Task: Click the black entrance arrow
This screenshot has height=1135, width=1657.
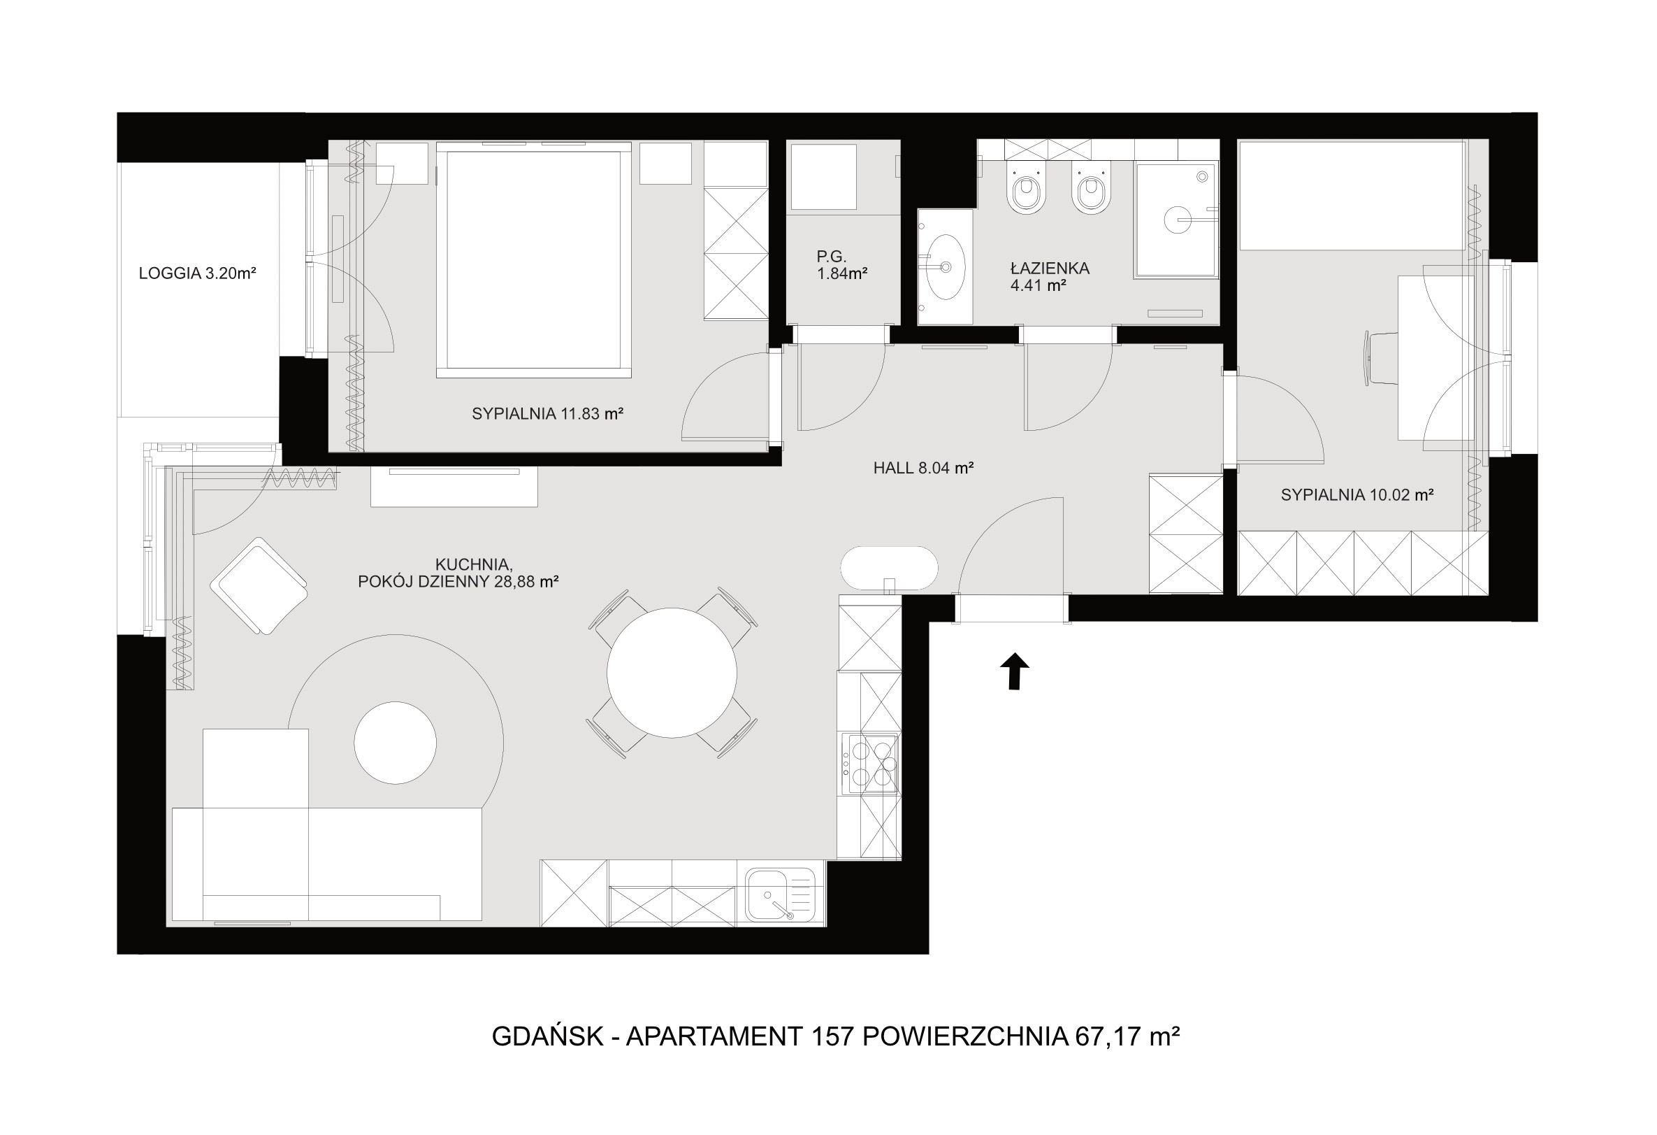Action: point(1014,671)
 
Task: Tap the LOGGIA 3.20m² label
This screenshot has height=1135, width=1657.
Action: point(198,273)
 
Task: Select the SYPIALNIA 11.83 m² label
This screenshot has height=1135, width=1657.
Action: point(548,414)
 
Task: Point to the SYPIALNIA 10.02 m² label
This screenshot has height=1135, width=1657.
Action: point(1356,495)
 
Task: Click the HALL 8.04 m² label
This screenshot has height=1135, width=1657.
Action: point(923,469)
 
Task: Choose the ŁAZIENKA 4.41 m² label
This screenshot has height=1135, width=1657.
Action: point(1050,278)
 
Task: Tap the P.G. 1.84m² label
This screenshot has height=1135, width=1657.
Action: point(842,264)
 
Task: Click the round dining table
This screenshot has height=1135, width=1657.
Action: point(672,673)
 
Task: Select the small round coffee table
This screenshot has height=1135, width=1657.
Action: point(395,743)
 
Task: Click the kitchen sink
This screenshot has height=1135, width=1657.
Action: point(780,894)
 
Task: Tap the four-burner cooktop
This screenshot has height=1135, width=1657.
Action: point(869,764)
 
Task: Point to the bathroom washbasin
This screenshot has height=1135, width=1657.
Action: point(945,267)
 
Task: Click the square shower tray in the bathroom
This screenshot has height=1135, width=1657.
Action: point(1175,219)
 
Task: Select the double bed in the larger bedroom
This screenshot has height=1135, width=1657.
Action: point(533,260)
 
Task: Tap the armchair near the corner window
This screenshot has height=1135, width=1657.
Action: point(259,586)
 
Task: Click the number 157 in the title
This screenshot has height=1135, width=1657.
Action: point(832,1036)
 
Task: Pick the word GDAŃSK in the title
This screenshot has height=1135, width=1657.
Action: point(548,1035)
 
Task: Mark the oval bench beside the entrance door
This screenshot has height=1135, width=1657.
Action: point(888,569)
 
